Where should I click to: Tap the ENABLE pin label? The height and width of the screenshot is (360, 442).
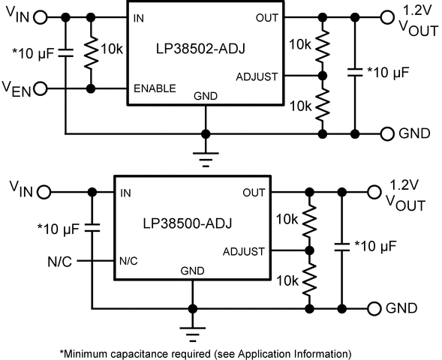pos(155,88)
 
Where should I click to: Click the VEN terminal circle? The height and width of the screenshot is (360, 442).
pos(41,88)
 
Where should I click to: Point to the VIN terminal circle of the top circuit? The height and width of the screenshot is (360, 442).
pos(41,16)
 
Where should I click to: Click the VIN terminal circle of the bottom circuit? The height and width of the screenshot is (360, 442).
pos(44,193)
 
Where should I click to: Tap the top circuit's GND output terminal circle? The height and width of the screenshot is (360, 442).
pos(387,133)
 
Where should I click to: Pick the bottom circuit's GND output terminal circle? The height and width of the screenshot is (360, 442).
pos(373,307)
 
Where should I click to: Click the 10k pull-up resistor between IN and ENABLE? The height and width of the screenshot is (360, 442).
pos(92,52)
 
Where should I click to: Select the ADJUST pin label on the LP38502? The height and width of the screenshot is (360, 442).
pos(258,76)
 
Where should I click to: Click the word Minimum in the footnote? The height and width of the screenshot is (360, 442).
pos(89,352)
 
